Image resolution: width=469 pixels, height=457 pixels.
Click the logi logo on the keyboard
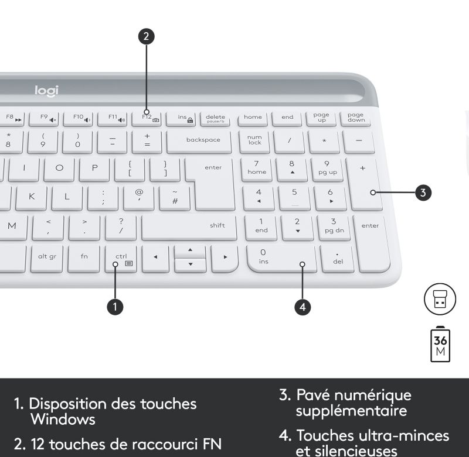(46, 91)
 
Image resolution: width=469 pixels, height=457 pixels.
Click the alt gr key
(47, 259)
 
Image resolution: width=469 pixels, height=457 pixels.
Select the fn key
(84, 259)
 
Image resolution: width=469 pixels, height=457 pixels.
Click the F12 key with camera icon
(147, 119)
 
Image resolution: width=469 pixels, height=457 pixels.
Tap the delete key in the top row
(215, 119)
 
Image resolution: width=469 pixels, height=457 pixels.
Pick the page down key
(356, 119)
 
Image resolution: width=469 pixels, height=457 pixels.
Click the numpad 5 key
(294, 198)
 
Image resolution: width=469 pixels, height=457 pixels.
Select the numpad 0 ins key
(281, 259)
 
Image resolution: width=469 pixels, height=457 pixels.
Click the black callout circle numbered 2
(146, 36)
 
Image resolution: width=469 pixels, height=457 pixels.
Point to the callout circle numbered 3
(423, 193)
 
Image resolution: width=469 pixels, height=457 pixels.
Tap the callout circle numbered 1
(115, 307)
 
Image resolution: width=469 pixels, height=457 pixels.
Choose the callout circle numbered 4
(303, 307)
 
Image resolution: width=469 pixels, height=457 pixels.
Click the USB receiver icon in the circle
(440, 299)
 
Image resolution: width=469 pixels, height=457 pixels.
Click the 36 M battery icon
(440, 345)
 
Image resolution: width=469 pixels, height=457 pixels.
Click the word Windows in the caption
(63, 419)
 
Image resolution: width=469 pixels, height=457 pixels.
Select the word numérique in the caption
(373, 396)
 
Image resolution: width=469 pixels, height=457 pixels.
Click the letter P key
(94, 170)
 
